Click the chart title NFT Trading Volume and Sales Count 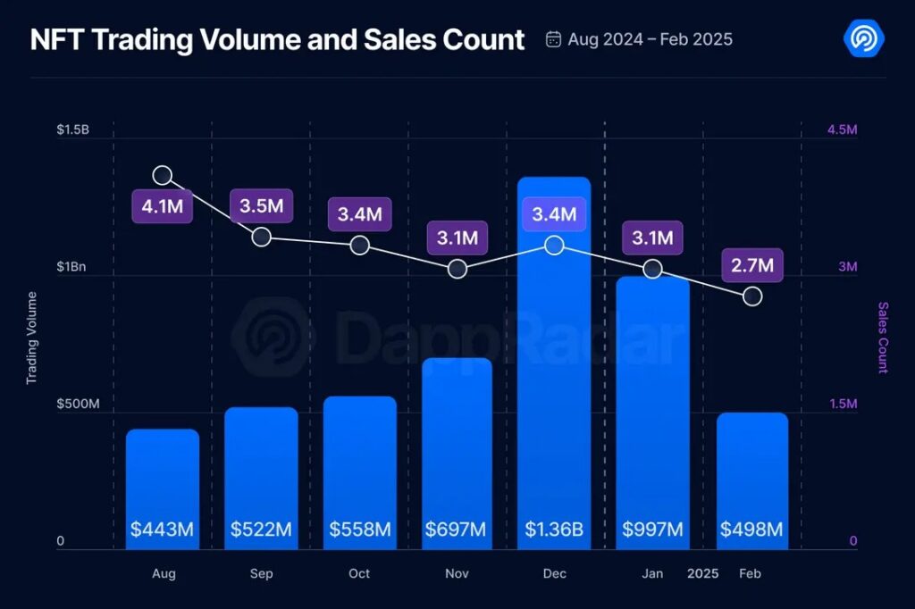click(x=277, y=40)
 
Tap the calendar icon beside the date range click(x=554, y=39)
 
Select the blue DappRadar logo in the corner click(x=864, y=38)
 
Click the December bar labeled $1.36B click(x=554, y=357)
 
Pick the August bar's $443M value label click(x=162, y=530)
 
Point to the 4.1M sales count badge click(x=162, y=206)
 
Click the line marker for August click(x=163, y=175)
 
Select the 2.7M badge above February click(x=752, y=264)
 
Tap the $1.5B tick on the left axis click(x=72, y=130)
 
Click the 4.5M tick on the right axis click(x=842, y=130)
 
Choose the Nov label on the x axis click(x=457, y=573)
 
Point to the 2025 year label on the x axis click(x=702, y=573)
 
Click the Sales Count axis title click(x=883, y=338)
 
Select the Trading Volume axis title click(x=32, y=338)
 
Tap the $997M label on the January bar click(x=652, y=530)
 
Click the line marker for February click(x=752, y=296)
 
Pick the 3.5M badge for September click(x=261, y=206)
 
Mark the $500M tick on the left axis click(x=78, y=405)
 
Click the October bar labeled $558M click(x=359, y=464)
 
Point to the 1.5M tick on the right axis click(x=842, y=405)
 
